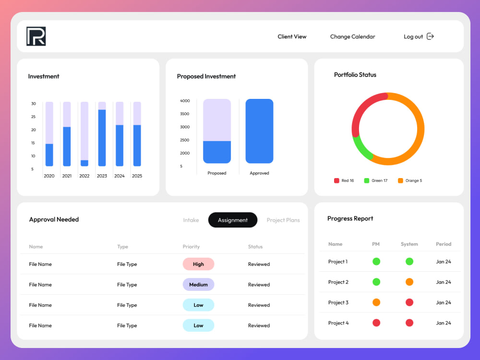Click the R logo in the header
click(36, 36)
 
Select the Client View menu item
click(292, 36)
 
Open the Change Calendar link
click(352, 36)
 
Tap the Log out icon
click(430, 36)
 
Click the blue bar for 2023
click(102, 138)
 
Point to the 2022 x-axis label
click(84, 176)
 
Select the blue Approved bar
click(259, 131)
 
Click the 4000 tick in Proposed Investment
click(185, 101)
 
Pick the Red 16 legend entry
click(344, 180)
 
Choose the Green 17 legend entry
click(376, 180)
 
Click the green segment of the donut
click(361, 148)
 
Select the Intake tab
click(191, 220)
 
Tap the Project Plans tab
click(283, 220)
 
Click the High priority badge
click(198, 264)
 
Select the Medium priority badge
click(198, 285)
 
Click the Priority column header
click(191, 247)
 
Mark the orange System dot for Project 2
click(409, 282)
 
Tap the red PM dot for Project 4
click(376, 323)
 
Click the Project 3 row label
click(338, 302)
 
